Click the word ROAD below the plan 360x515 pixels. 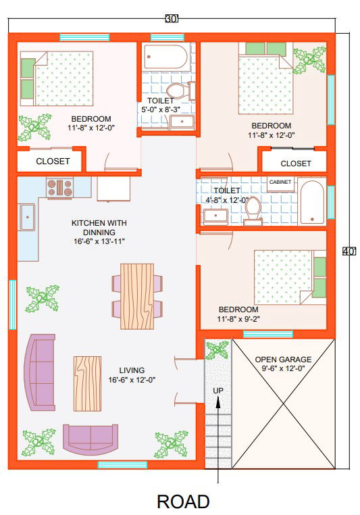(x=183, y=501)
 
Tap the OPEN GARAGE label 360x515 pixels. (x=283, y=360)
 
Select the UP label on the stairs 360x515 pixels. (x=218, y=391)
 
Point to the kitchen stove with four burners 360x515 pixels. (x=59, y=187)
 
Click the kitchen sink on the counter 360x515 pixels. (x=28, y=217)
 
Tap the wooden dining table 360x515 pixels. (x=137, y=296)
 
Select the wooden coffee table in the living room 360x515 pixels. (x=87, y=383)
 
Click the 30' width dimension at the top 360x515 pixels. (x=172, y=19)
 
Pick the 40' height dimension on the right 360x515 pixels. (x=349, y=251)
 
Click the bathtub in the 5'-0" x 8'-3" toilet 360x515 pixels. (x=165, y=57)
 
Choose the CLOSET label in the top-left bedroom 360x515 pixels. (x=53, y=162)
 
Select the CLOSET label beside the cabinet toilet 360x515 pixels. (x=296, y=164)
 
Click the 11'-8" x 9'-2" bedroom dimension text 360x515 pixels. (x=238, y=318)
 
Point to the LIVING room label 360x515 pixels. (x=132, y=370)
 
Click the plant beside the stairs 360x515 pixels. (x=217, y=350)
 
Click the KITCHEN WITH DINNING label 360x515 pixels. (x=99, y=228)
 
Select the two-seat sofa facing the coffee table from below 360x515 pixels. (x=91, y=439)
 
